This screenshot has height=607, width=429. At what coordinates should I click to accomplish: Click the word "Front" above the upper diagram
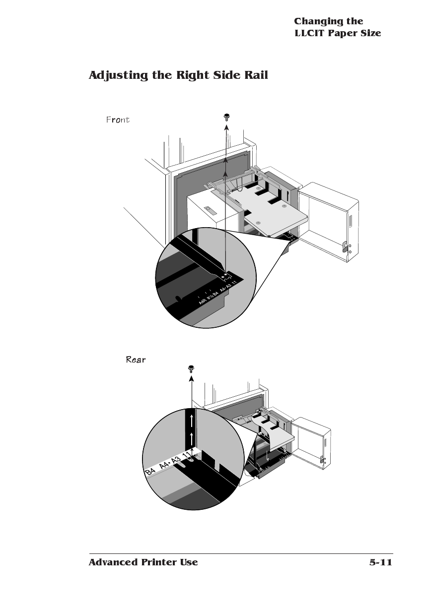pyautogui.click(x=118, y=120)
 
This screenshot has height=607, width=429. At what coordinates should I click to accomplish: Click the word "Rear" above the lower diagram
pyautogui.click(x=136, y=360)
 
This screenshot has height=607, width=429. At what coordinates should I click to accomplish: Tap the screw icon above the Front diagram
pyautogui.click(x=226, y=118)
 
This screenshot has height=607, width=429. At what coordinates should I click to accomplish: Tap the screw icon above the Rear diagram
pyautogui.click(x=191, y=368)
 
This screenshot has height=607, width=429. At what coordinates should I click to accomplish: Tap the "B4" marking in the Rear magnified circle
pyautogui.click(x=150, y=472)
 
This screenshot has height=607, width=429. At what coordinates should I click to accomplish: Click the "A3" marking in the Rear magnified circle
pyautogui.click(x=175, y=460)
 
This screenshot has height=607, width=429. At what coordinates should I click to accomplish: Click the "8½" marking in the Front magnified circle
pyautogui.click(x=210, y=296)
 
